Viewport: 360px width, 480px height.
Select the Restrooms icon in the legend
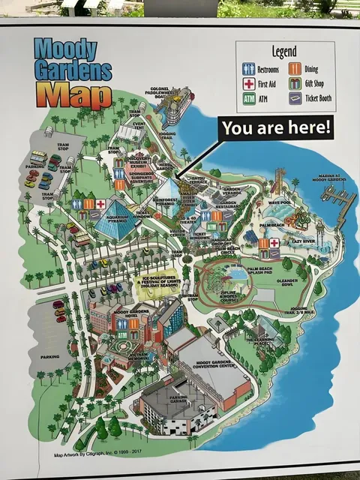249,69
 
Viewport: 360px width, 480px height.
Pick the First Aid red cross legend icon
249,83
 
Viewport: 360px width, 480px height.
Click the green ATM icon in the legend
249,98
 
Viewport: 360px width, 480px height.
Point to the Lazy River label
302,242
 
